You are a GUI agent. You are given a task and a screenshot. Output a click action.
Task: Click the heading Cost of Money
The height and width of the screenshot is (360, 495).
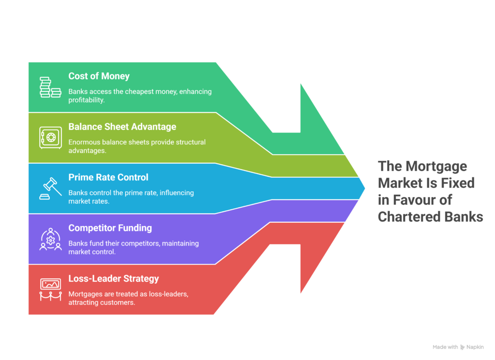(x=99, y=76)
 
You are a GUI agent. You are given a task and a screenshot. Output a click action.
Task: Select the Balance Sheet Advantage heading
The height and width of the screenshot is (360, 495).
(x=122, y=127)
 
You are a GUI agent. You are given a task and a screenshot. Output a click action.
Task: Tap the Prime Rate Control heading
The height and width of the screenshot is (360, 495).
(x=108, y=177)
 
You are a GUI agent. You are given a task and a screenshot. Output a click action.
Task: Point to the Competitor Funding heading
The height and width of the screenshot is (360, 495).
(x=110, y=228)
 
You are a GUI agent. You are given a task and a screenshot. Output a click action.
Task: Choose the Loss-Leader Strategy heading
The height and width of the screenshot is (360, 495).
(x=114, y=278)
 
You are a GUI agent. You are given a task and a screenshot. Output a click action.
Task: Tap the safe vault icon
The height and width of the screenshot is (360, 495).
(x=50, y=138)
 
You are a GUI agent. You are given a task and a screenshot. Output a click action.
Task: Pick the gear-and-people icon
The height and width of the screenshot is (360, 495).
(x=50, y=239)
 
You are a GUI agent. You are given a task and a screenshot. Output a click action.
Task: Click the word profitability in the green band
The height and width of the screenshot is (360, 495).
(x=86, y=100)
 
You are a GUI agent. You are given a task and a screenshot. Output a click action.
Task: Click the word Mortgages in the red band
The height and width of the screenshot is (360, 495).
(x=85, y=294)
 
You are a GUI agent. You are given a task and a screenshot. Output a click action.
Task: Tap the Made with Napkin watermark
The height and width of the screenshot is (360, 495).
(x=458, y=347)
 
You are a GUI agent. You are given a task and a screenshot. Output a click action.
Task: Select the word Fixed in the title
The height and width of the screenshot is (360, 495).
(x=457, y=183)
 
